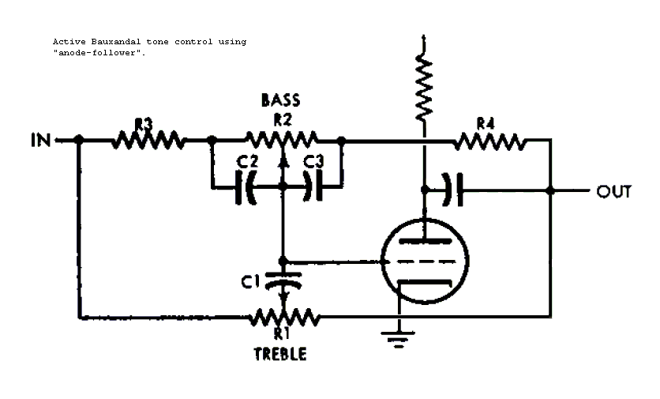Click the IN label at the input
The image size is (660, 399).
(39, 141)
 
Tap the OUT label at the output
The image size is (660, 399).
(613, 190)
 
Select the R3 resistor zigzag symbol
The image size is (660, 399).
(148, 141)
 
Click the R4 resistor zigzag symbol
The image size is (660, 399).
(489, 141)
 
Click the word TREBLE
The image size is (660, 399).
(280, 354)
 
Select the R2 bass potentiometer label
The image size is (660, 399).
(282, 119)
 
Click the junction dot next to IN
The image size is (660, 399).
(78, 141)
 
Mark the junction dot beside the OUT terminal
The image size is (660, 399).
(550, 190)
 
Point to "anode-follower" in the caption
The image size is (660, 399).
(99, 52)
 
